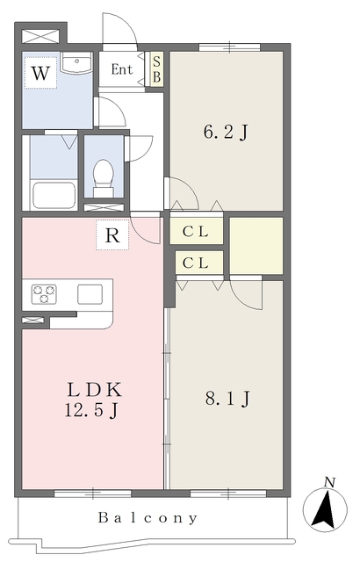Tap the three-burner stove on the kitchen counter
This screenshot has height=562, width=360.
44,294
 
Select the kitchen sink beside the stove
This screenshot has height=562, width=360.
90,294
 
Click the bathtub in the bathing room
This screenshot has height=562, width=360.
54,195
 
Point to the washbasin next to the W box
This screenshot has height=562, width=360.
76,63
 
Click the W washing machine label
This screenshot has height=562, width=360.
40,73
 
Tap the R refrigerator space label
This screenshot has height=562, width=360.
112,235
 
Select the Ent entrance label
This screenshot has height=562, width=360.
122,69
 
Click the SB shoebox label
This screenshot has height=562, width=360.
156,69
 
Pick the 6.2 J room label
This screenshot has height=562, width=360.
226,133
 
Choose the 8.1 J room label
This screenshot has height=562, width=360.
227,399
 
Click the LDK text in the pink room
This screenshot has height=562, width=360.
95,390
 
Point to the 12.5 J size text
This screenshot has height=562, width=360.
91,410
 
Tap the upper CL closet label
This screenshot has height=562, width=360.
196,232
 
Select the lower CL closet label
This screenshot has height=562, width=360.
196,263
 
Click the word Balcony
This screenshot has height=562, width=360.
148,518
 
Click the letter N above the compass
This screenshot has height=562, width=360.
329,482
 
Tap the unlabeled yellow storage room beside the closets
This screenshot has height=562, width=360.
256,246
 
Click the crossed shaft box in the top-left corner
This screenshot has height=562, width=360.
40,36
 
